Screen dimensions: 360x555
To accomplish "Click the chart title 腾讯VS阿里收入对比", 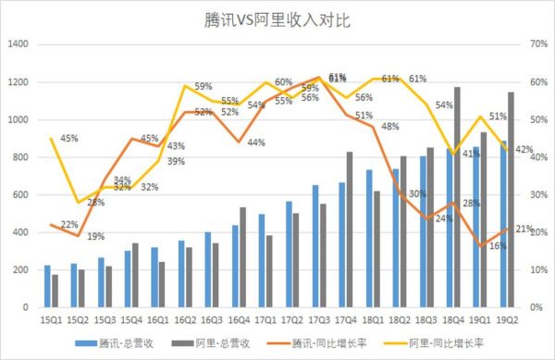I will tap(277, 19).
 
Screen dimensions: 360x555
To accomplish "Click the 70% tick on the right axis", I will tap(536, 44).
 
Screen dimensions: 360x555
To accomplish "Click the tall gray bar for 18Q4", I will tap(456, 196).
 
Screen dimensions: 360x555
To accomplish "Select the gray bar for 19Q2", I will tap(511, 199).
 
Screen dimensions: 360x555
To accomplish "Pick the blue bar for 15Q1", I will tap(46, 286).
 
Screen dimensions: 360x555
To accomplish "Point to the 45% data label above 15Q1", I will tap(69, 139).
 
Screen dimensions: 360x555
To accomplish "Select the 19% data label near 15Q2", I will tap(95, 237).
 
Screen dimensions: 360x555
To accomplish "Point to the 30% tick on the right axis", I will tap(536, 194).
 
